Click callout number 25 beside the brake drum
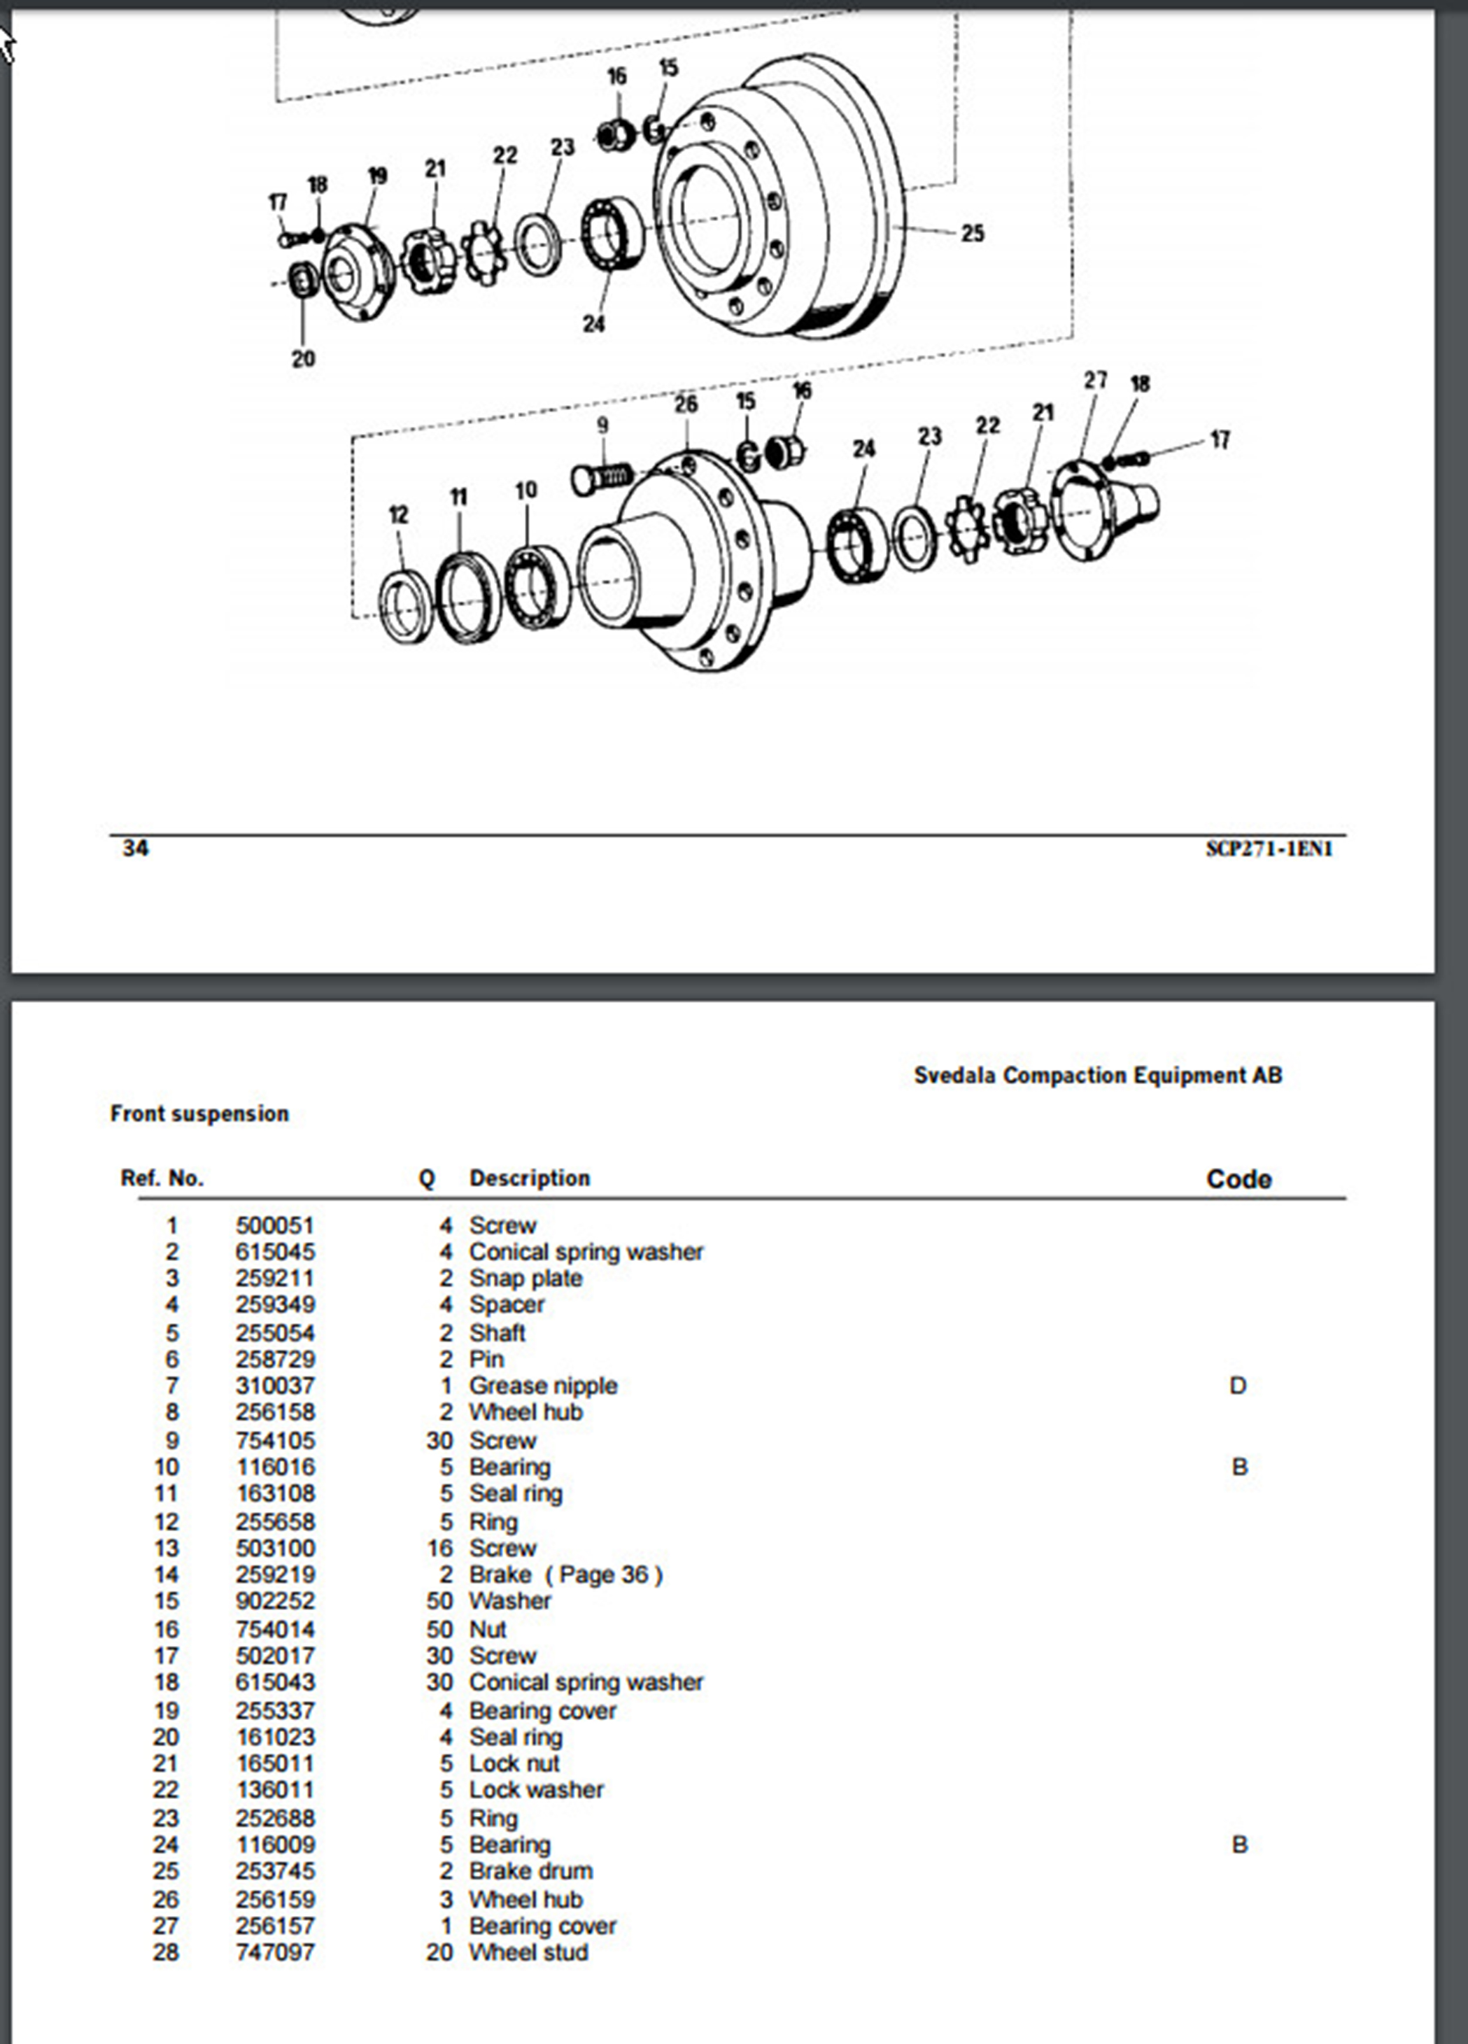(x=971, y=234)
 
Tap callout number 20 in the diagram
(x=303, y=359)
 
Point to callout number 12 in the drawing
(x=398, y=514)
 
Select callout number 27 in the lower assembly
(x=1095, y=381)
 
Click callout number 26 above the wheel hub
(x=686, y=404)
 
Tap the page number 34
(x=135, y=848)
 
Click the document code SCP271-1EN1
(x=1269, y=849)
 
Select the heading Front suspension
(x=199, y=1114)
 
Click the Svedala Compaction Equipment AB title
(x=1098, y=1075)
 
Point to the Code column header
(x=1238, y=1179)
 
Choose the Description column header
(x=529, y=1178)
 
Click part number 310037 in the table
(x=275, y=1386)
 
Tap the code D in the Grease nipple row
(x=1237, y=1386)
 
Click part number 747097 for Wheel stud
(x=275, y=1952)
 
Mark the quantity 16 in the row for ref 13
(x=439, y=1549)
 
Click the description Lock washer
(x=536, y=1790)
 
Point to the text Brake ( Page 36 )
(x=566, y=1574)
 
